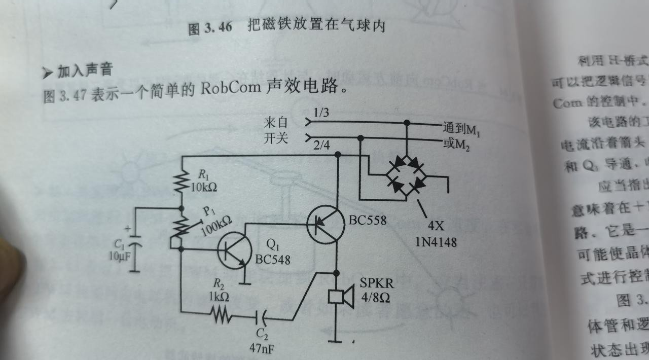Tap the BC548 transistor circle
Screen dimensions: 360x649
click(235, 250)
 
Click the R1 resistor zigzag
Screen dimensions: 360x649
click(181, 182)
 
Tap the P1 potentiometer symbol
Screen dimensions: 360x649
click(179, 227)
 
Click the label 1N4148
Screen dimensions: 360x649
click(436, 242)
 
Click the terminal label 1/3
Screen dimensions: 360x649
click(321, 113)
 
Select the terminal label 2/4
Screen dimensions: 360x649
click(321, 146)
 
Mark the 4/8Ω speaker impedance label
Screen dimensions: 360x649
click(376, 298)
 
